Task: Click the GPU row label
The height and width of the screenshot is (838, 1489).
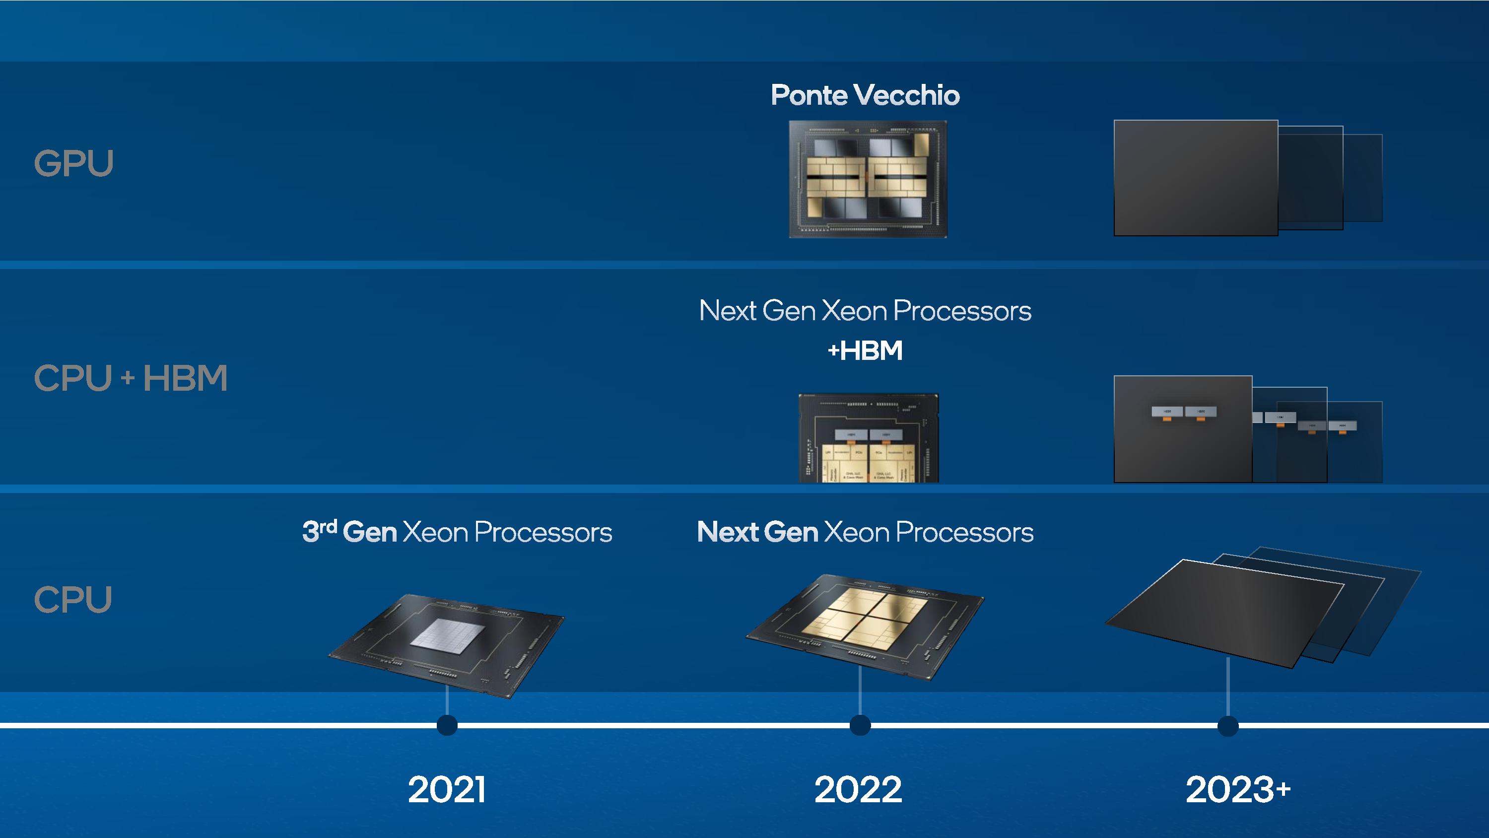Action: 73,163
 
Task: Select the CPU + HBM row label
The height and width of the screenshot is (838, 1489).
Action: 131,378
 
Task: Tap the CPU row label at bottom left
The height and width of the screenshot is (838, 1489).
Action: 73,599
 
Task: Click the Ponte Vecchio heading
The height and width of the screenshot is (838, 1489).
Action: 865,95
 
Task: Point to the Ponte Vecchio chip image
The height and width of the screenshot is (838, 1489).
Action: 868,179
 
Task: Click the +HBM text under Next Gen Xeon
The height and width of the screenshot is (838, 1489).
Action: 865,350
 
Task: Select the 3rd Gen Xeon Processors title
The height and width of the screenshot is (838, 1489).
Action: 457,532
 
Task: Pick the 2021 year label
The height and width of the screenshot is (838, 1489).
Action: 447,789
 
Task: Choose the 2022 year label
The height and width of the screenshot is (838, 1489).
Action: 858,789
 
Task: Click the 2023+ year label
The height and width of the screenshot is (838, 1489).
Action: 1237,789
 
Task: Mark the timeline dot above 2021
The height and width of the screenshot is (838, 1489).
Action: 447,725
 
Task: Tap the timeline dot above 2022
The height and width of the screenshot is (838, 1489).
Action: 860,725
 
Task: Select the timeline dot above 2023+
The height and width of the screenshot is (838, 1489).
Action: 1228,726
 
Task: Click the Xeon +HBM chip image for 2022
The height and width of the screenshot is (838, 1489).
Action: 868,438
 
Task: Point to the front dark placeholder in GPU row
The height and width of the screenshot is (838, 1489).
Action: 1195,178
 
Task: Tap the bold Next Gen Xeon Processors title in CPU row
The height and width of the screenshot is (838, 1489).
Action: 865,532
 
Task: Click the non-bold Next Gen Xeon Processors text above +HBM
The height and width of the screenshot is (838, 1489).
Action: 865,311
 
